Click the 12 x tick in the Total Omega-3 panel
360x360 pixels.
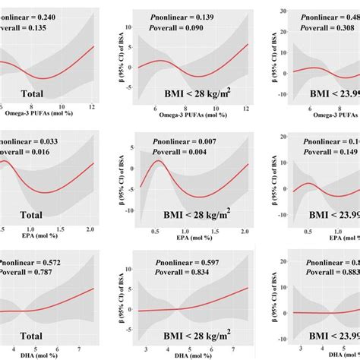[x=91, y=107]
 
